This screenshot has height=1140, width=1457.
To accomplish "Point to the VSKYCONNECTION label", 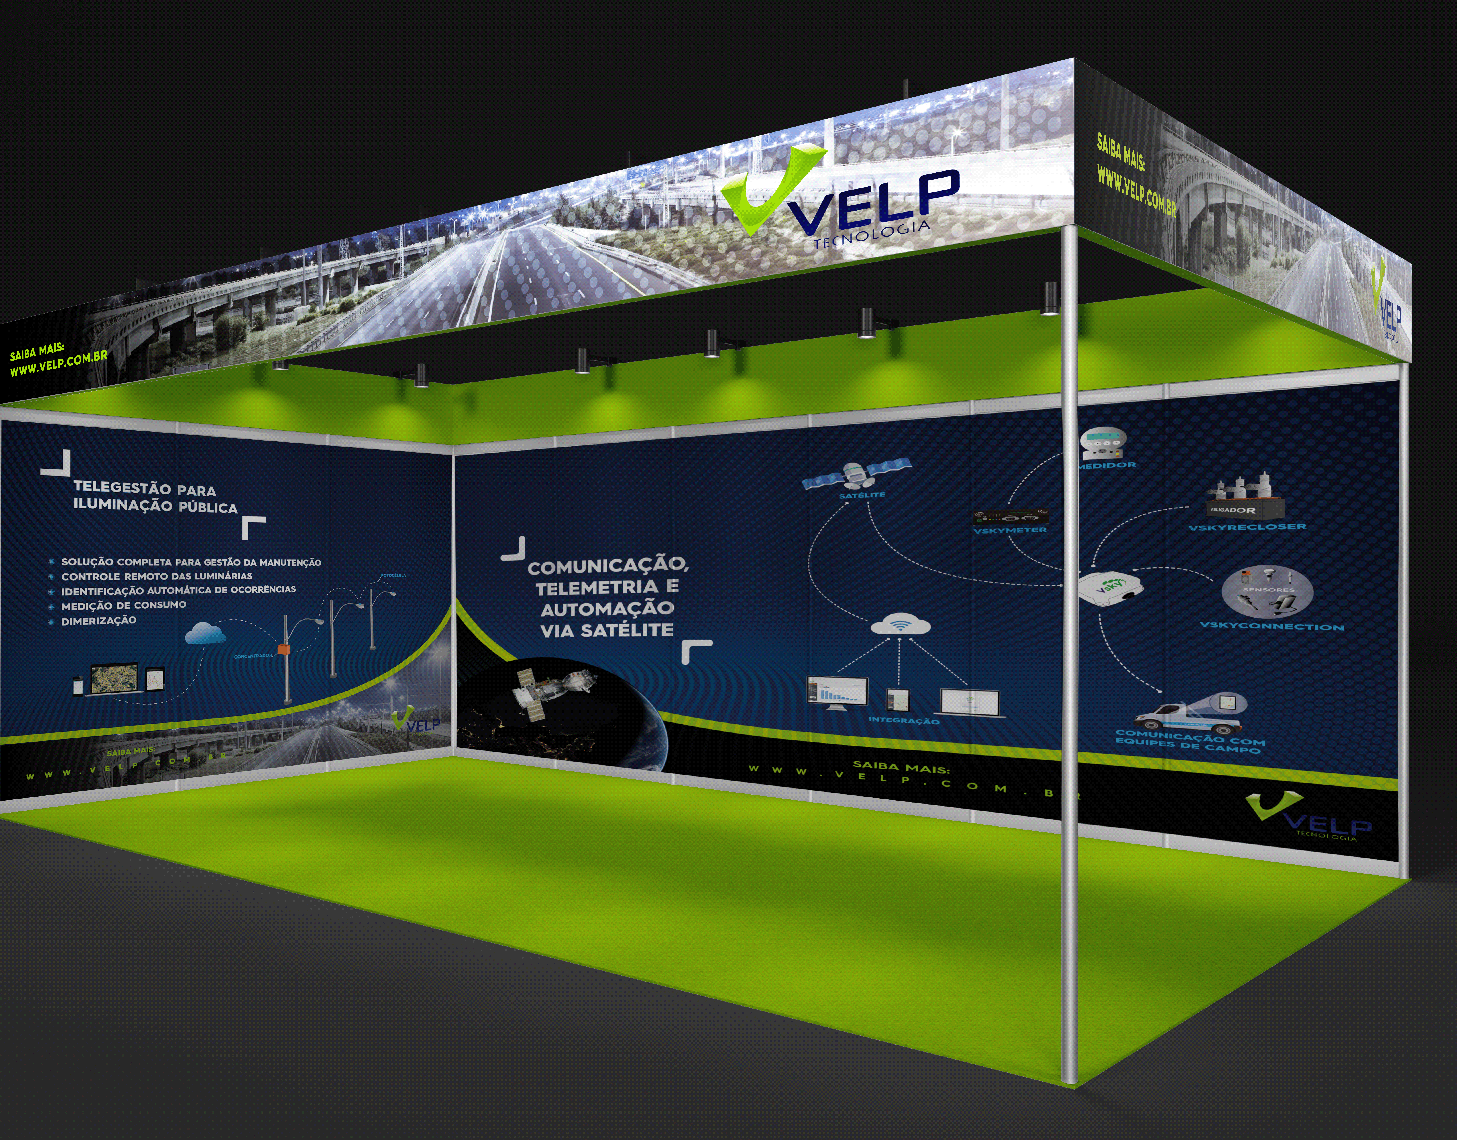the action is pos(1271,626).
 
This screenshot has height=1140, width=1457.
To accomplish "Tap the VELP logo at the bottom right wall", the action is pos(1308,817).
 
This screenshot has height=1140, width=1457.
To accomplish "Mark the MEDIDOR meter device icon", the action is pos(1103,442).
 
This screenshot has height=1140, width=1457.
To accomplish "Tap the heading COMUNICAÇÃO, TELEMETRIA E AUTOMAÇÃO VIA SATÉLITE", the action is pos(607,597).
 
